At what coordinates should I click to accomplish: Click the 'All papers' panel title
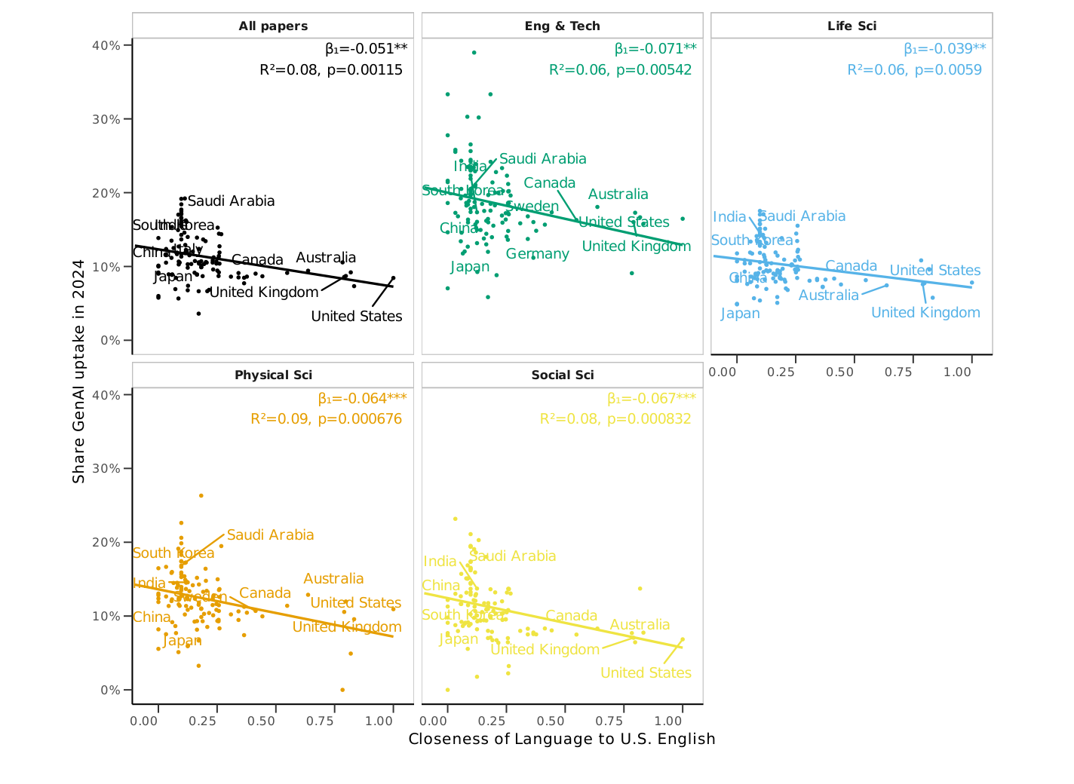point(273,26)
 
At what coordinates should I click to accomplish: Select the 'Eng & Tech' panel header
point(562,26)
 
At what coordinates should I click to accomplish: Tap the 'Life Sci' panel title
point(852,26)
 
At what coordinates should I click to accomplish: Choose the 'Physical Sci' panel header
point(273,375)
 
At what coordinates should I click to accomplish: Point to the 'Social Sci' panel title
point(562,375)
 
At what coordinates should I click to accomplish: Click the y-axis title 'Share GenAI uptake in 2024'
point(78,371)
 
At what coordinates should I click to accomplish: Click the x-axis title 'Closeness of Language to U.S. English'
point(562,739)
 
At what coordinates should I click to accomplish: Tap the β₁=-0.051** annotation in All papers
point(366,49)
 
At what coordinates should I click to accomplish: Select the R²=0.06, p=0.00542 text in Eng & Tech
point(620,70)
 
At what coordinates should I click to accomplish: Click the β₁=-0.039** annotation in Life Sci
point(944,49)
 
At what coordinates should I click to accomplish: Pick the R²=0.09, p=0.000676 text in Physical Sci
point(326,419)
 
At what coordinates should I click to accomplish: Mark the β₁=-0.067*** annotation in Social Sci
point(651,398)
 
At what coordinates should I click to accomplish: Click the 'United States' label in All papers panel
point(357,317)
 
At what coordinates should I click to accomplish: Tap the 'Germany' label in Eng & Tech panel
point(537,254)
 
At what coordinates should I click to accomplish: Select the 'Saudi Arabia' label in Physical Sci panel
point(270,535)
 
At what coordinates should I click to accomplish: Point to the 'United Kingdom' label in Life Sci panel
point(925,313)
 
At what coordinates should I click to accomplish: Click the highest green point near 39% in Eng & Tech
point(474,53)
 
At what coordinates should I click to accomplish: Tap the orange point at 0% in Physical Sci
point(342,690)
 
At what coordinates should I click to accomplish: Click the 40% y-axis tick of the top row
point(106,45)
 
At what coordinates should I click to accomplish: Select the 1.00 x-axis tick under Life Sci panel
point(958,372)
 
